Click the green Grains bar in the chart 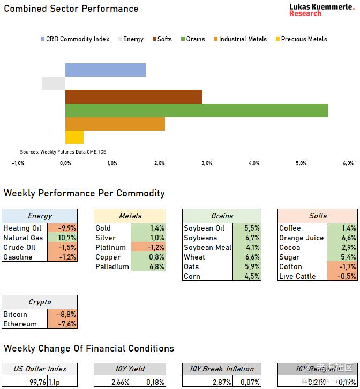click(196, 110)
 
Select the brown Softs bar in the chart click(134, 97)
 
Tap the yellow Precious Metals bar click(74, 137)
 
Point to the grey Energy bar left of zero click(54, 83)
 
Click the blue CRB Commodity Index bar click(106, 70)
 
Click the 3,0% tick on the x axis click(207, 163)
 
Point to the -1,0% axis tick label click(18, 163)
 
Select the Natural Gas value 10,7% click(67, 238)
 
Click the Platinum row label click(110, 247)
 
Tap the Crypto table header click(40, 302)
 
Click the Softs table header click(318, 216)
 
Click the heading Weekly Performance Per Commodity click(85, 193)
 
